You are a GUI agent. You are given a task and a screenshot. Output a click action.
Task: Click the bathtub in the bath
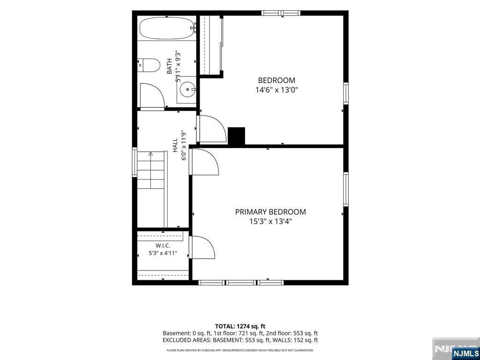167,28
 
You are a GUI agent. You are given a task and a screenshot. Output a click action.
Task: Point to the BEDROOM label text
277,80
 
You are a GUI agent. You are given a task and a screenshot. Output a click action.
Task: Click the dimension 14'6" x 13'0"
277,90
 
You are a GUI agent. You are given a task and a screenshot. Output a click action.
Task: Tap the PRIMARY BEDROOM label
270,212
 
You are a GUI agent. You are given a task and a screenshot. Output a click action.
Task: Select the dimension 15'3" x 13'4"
270,221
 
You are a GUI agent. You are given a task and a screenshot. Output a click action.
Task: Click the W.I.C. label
163,246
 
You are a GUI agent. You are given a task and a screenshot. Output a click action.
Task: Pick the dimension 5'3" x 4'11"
163,253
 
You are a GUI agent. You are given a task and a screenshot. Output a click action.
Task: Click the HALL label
175,145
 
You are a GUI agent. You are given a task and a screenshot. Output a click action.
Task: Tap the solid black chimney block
237,135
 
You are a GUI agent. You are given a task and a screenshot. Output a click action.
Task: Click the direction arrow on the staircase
150,154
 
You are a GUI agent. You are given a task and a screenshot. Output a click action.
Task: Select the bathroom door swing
152,96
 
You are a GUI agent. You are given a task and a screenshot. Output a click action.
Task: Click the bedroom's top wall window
281,13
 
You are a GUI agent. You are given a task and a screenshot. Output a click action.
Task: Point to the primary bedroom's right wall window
346,189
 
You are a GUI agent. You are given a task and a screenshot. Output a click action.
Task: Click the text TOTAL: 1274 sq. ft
238,326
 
